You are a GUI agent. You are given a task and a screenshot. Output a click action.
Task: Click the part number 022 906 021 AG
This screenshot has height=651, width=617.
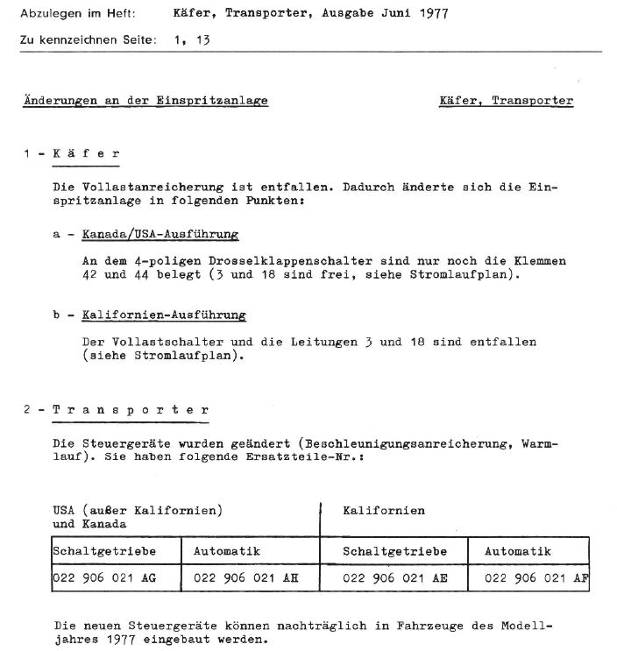point(105,577)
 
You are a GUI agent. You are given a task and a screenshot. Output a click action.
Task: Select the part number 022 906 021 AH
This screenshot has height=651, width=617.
point(246,577)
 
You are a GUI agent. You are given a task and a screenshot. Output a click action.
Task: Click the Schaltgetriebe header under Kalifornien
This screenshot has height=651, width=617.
point(394,551)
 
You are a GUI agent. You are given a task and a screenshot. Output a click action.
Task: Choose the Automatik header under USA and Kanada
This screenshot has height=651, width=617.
point(226,551)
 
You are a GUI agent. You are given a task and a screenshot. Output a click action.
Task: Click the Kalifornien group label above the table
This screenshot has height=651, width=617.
point(384,510)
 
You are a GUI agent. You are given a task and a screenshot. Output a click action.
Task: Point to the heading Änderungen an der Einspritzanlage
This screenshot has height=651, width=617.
point(145,101)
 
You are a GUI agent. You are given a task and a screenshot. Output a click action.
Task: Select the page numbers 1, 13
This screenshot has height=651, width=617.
point(193,40)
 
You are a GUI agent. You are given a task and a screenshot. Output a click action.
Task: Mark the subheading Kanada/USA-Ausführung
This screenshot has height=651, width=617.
point(160,235)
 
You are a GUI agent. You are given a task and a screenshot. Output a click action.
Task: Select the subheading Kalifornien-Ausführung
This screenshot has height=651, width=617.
point(164,315)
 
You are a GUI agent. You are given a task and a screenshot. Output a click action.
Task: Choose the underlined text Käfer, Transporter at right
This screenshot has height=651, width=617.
point(506,101)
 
